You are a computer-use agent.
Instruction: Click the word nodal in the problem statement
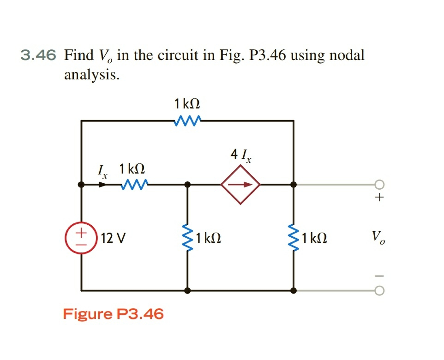[x=344, y=55]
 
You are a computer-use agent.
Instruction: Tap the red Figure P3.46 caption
[x=113, y=314]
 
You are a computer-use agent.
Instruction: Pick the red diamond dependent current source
[x=240, y=184]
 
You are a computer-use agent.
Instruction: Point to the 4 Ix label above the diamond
[x=240, y=156]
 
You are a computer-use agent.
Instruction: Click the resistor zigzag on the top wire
[x=187, y=121]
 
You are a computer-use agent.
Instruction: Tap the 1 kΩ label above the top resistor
[x=187, y=103]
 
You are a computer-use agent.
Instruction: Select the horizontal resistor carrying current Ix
[x=134, y=185]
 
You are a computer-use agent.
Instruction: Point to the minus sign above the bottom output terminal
[x=379, y=276]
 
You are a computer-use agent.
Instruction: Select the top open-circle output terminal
[x=379, y=185]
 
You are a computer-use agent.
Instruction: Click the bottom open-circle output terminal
[x=379, y=291]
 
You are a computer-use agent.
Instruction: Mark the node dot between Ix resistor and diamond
[x=187, y=185]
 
